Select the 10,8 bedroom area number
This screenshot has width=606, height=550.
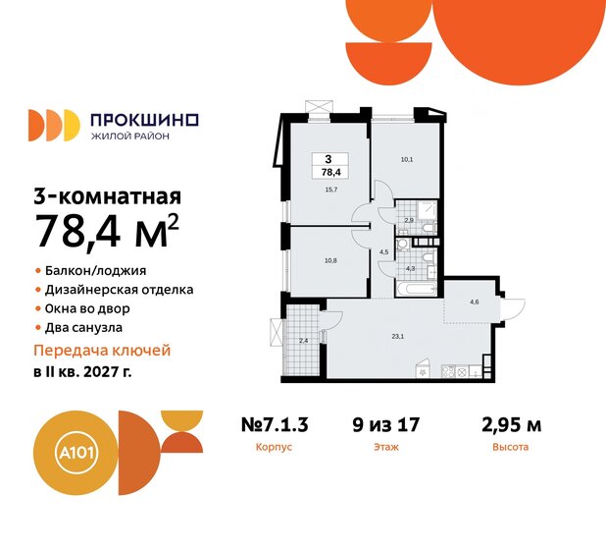(x=330, y=261)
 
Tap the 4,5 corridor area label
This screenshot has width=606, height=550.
(x=384, y=251)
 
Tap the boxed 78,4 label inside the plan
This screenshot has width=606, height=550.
(x=327, y=164)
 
